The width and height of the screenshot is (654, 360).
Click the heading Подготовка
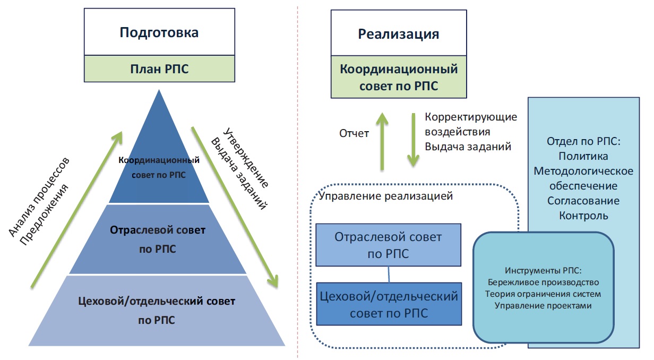[159, 32]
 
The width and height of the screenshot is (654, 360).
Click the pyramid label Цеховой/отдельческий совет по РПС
[157, 310]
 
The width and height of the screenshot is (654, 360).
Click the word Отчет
[354, 133]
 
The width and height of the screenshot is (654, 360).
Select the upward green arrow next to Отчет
[382, 140]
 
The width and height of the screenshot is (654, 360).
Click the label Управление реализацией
[387, 196]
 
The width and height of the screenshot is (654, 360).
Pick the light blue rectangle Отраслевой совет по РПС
[389, 244]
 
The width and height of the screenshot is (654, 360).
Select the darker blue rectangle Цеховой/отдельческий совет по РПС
[389, 304]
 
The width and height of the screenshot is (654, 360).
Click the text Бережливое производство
[543, 281]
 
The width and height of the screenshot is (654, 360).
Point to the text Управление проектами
[543, 306]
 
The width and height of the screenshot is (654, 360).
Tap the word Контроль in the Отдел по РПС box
[583, 216]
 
